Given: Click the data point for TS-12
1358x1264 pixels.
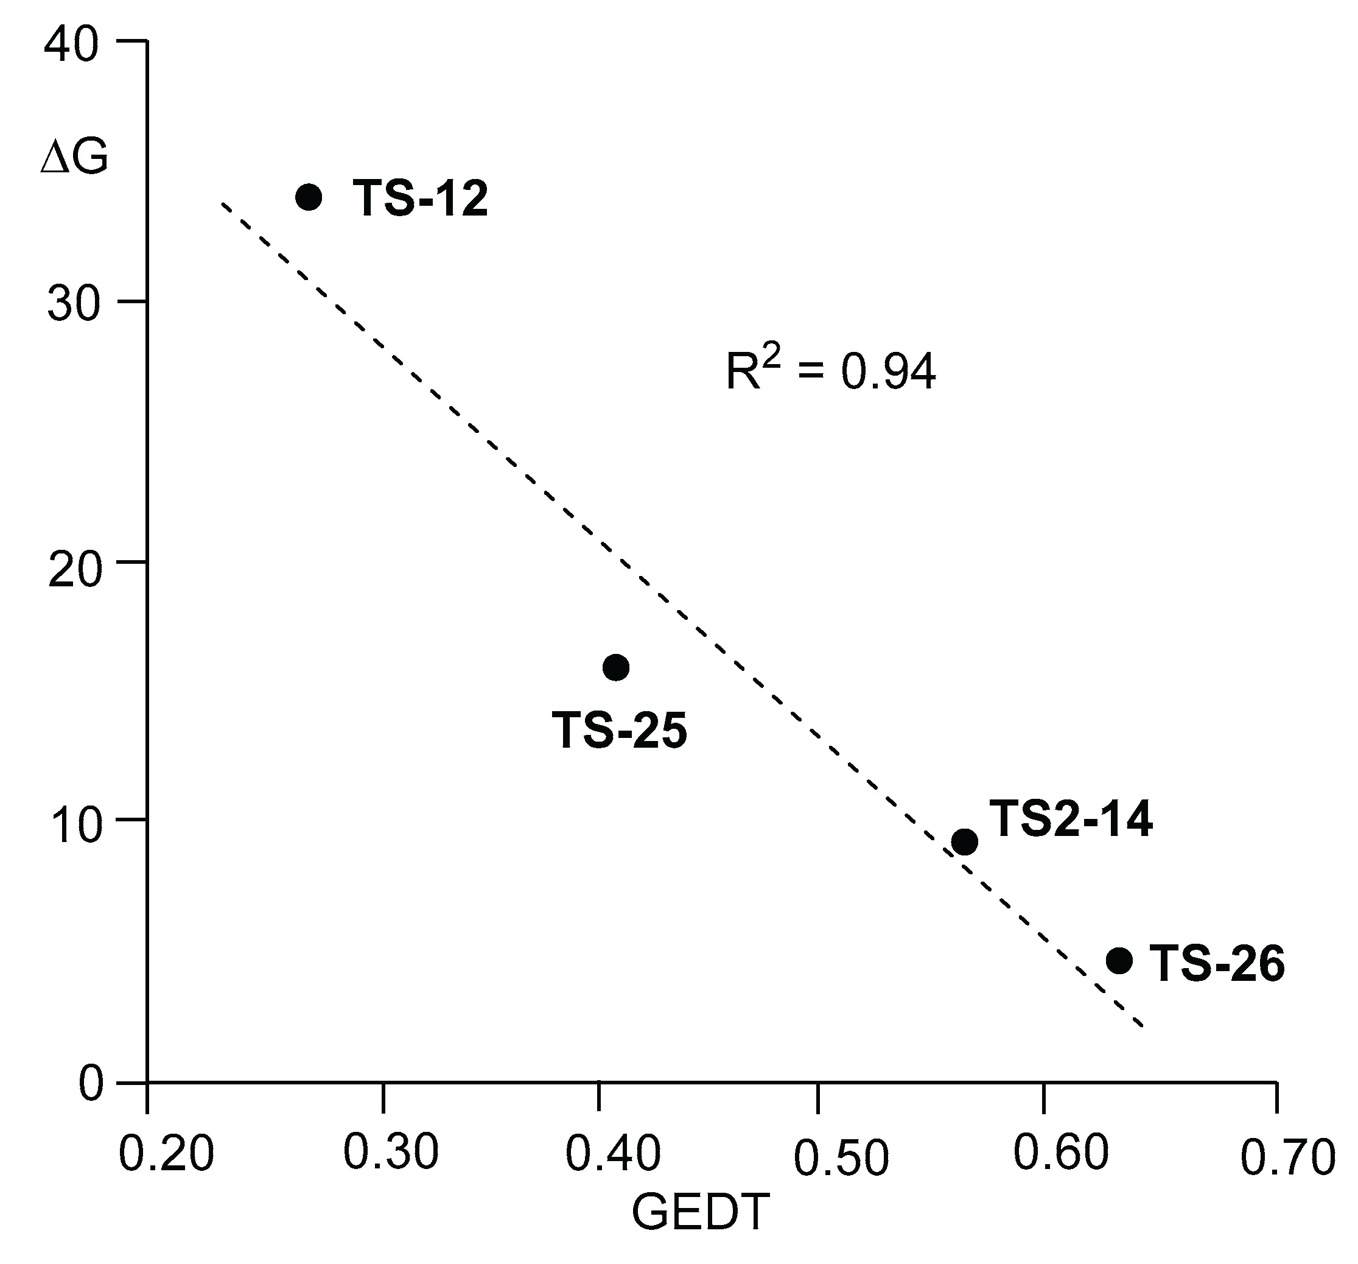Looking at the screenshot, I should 309,197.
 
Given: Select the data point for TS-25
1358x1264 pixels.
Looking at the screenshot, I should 616,667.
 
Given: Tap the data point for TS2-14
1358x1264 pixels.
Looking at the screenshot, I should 965,842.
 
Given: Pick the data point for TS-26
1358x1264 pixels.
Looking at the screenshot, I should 1119,961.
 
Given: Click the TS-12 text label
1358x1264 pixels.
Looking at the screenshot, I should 420,200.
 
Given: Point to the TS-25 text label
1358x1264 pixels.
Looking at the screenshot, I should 619,731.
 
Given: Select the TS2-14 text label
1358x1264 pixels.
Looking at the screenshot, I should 1071,818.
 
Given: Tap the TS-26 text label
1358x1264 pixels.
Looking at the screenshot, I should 1217,964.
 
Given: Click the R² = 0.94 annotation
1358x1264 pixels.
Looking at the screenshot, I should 830,371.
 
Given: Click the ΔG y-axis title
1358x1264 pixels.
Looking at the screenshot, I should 74,158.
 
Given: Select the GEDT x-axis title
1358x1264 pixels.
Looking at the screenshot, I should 700,1212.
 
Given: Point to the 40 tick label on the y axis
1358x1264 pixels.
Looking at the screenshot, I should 72,46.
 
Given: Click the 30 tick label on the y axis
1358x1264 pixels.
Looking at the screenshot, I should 72,304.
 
